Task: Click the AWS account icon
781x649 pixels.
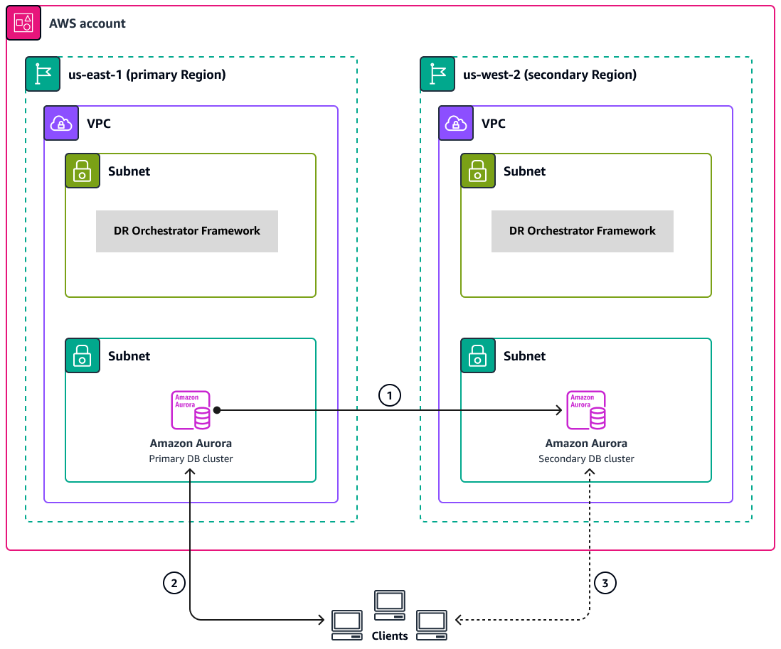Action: tap(23, 23)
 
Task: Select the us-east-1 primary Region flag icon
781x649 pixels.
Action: tap(43, 75)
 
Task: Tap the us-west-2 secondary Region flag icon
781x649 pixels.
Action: tap(437, 75)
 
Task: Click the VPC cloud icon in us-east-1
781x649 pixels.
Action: tap(60, 124)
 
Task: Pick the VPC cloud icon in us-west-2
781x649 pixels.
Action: tap(456, 124)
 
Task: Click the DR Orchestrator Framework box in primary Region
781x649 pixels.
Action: tap(187, 231)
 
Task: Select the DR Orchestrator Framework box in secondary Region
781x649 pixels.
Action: tap(582, 231)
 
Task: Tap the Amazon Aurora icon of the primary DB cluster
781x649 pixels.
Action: tap(191, 410)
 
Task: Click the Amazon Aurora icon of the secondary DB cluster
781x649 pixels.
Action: tap(585, 410)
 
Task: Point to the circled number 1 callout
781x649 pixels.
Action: tap(390, 395)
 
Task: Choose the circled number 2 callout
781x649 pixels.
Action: tap(174, 584)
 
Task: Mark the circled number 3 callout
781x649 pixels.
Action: tap(605, 584)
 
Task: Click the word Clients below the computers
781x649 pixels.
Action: tap(390, 635)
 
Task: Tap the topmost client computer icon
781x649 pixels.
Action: tap(390, 603)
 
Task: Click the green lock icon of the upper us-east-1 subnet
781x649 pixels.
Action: tap(83, 171)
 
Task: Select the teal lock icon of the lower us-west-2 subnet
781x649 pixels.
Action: tap(478, 355)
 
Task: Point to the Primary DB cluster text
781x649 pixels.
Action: tap(191, 458)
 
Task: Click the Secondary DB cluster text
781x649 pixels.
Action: tap(586, 458)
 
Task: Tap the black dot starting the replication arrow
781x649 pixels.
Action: tap(217, 410)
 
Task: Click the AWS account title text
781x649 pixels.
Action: tap(87, 23)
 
